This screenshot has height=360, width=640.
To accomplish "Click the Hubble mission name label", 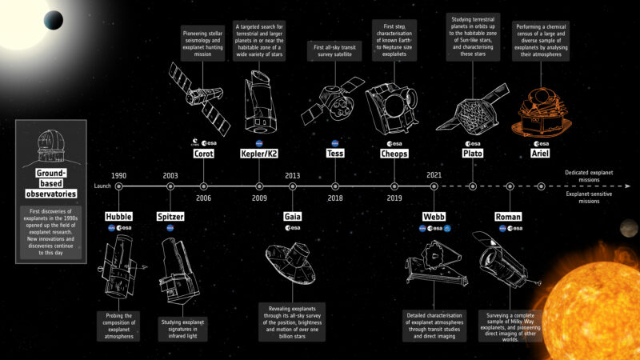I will (118, 216).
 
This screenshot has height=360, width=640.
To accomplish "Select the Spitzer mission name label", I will (170, 216).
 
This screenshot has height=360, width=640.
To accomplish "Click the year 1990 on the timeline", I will (118, 174).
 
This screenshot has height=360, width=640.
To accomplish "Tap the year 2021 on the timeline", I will (434, 174).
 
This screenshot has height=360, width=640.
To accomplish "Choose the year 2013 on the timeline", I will (292, 174).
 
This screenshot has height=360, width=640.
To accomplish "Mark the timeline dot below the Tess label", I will (335, 186).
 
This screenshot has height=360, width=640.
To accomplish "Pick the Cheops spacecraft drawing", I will (394, 108).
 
